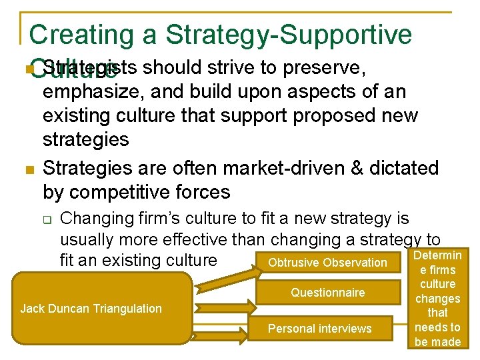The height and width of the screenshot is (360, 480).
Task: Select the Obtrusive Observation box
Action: [x=327, y=263]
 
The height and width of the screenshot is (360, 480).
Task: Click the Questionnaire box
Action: [x=327, y=293]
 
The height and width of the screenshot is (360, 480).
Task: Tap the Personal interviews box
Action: [x=319, y=329]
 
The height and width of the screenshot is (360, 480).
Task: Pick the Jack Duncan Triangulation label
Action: [x=91, y=308]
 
